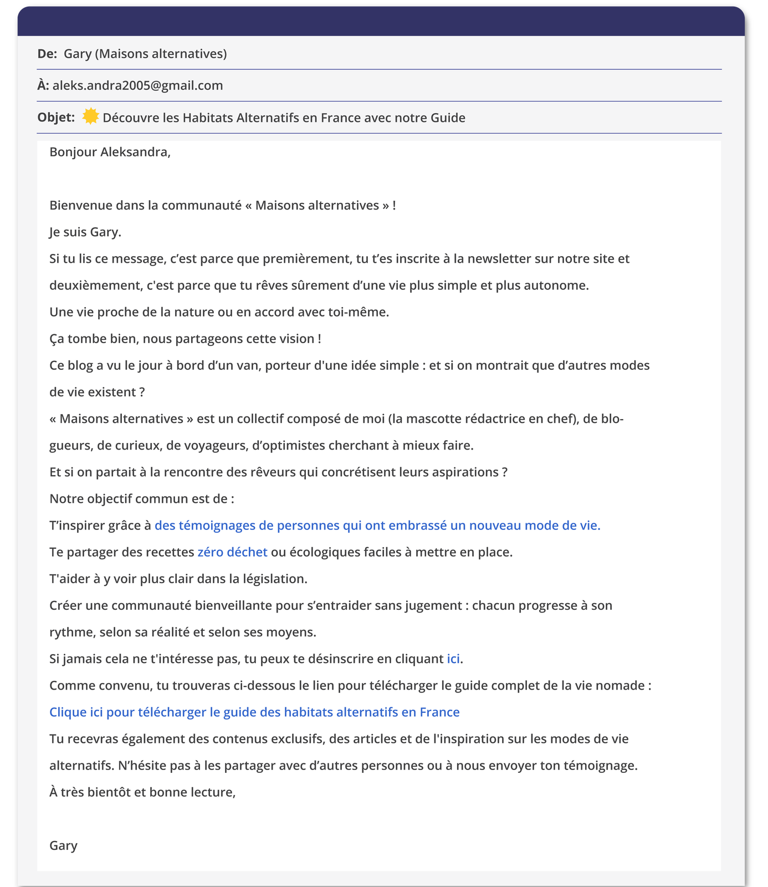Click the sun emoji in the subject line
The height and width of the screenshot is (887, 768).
pos(90,117)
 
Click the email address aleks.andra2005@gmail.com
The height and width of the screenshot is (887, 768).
pos(138,85)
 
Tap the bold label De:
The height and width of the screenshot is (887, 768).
pos(47,54)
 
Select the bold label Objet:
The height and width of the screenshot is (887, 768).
pos(56,118)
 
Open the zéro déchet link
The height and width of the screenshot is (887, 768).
pos(232,552)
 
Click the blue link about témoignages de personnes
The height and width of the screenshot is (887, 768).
pos(377,526)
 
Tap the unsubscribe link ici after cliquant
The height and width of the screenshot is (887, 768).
pos(453,659)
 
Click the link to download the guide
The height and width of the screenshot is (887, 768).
pos(254,712)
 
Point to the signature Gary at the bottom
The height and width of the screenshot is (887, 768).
pos(63,845)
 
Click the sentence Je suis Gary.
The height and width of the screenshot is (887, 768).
pos(85,232)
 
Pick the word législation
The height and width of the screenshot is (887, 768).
pos(274,579)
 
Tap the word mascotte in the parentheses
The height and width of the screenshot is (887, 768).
pos(431,419)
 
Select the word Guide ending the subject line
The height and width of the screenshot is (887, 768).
pos(448,118)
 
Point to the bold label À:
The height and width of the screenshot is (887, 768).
pos(43,85)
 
